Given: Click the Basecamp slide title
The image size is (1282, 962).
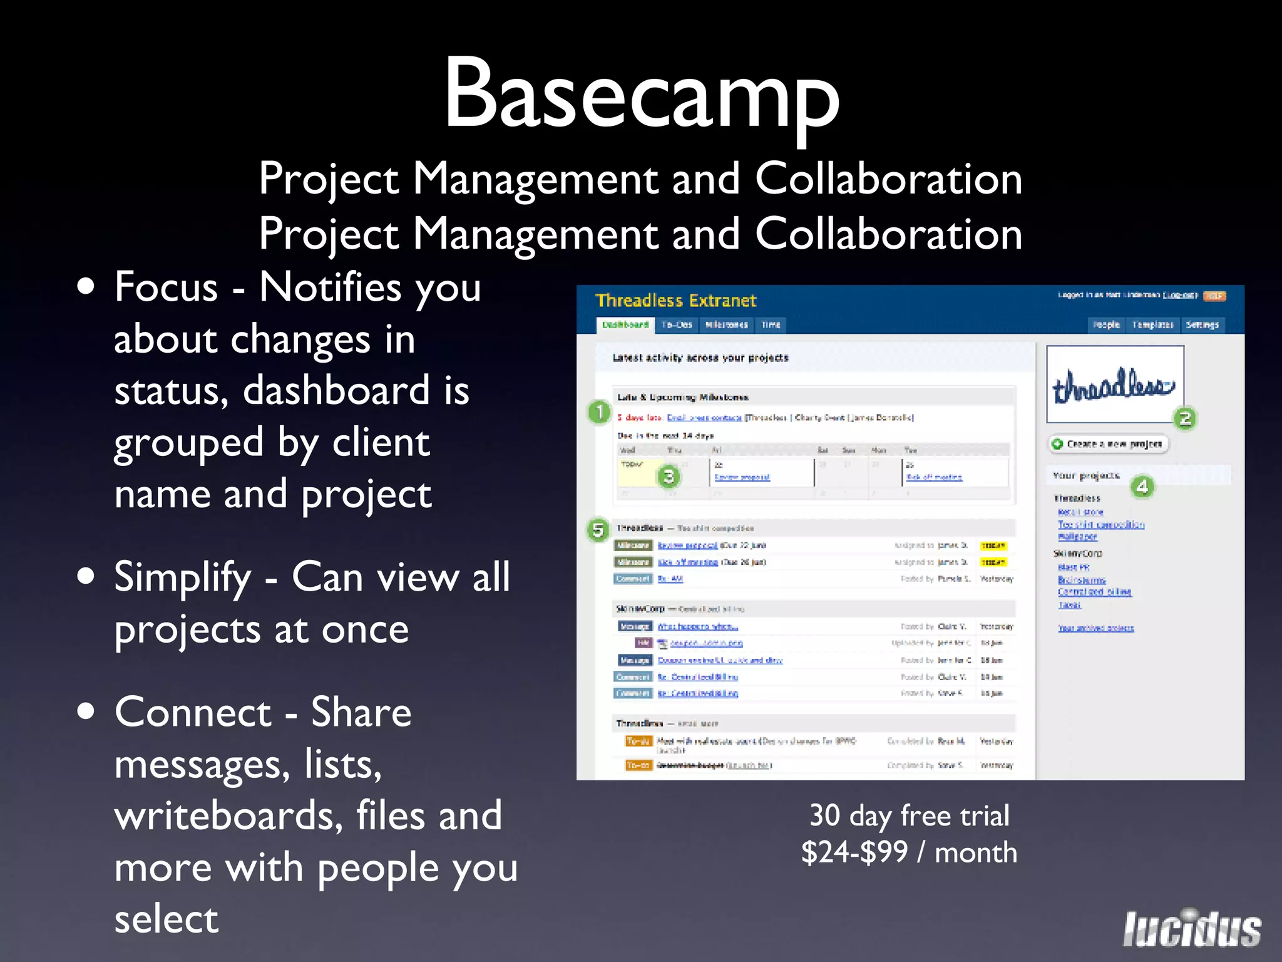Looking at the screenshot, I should pyautogui.click(x=641, y=94).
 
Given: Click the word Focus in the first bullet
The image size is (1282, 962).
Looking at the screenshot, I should pyautogui.click(x=166, y=287).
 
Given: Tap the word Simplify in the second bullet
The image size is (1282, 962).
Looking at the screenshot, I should pyautogui.click(x=182, y=578).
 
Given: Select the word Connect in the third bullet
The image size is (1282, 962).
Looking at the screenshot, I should pyautogui.click(x=193, y=713).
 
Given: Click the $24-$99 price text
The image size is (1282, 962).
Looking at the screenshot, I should pyautogui.click(x=854, y=852).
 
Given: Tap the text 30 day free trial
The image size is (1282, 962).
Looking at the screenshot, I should pyautogui.click(x=909, y=815).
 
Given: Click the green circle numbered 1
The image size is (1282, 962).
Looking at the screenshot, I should pyautogui.click(x=599, y=412).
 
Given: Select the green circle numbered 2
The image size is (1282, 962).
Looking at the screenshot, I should pyautogui.click(x=1184, y=418).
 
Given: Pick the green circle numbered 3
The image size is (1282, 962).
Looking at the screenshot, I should pyautogui.click(x=669, y=477).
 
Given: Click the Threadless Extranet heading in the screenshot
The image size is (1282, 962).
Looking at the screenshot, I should pyautogui.click(x=675, y=301).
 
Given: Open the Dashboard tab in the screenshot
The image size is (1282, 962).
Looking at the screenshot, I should pyautogui.click(x=625, y=324).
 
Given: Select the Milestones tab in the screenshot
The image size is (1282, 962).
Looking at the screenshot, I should pyautogui.click(x=726, y=324).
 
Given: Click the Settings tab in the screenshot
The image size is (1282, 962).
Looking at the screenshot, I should pyautogui.click(x=1201, y=324).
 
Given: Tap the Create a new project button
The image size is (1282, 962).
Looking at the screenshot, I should pyautogui.click(x=1108, y=444).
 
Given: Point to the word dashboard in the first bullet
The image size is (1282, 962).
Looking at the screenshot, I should pyautogui.click(x=336, y=391).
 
